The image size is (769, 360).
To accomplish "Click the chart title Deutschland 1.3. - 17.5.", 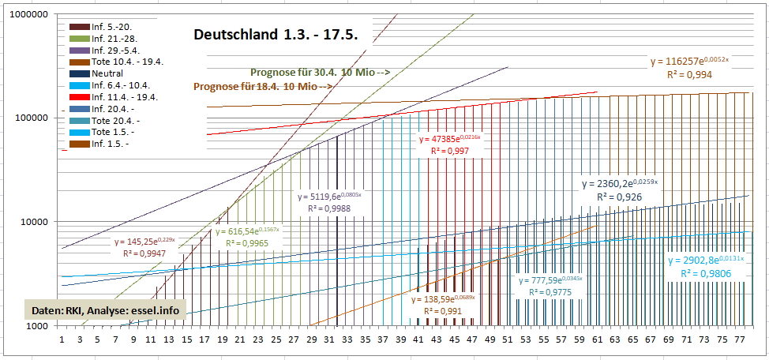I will pos(276,36).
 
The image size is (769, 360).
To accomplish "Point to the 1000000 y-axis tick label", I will pos(26,14).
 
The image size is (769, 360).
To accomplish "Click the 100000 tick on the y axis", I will pos(29,118).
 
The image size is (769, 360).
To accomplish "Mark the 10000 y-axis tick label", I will pos(32,222).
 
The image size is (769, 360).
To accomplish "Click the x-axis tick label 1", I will pos(62,340).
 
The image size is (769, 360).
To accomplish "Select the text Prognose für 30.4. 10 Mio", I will pos(319,72).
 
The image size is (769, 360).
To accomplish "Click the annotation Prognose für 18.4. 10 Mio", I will pos(261,86).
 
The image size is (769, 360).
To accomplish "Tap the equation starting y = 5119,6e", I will pos(330,196).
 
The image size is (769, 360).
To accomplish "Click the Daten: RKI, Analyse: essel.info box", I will pos(105,310).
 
